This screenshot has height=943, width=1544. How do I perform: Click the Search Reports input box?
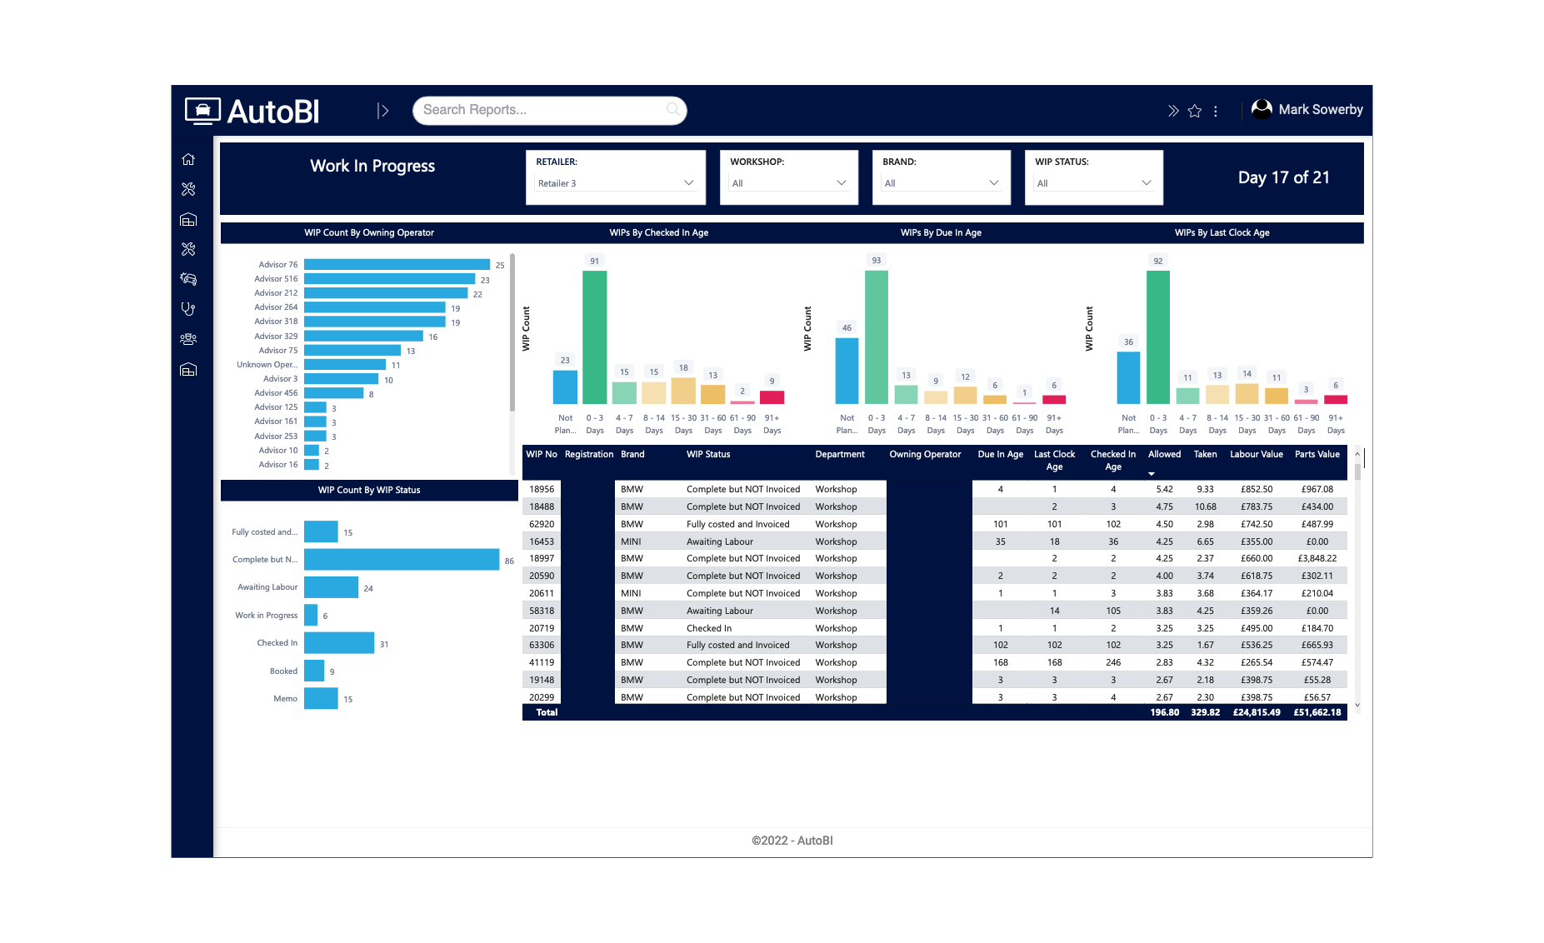click(542, 110)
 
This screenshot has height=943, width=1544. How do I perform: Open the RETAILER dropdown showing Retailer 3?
click(615, 183)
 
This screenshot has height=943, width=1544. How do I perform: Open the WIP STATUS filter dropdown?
click(1092, 183)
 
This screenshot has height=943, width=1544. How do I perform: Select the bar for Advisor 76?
click(396, 265)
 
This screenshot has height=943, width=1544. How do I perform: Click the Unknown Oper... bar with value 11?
click(344, 365)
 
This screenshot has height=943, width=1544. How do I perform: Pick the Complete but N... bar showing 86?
click(401, 560)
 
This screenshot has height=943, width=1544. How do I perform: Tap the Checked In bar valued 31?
click(338, 643)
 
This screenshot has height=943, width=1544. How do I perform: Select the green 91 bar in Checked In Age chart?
click(594, 337)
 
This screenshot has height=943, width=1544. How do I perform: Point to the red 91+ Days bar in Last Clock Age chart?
click(1336, 399)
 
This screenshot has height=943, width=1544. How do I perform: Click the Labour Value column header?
click(1256, 455)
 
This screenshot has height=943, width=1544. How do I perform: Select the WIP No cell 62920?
click(542, 524)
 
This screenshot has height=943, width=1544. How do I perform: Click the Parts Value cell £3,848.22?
click(1317, 559)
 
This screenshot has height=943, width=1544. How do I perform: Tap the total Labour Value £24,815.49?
click(1256, 713)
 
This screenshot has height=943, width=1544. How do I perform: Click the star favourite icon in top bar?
click(1195, 111)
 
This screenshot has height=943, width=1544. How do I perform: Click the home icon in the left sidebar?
click(188, 159)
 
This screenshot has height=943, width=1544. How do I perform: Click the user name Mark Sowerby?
click(1320, 110)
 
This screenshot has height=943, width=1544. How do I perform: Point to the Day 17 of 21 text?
click(1283, 177)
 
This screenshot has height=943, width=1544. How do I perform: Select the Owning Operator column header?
click(925, 455)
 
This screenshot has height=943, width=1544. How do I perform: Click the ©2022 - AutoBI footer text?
click(792, 841)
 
